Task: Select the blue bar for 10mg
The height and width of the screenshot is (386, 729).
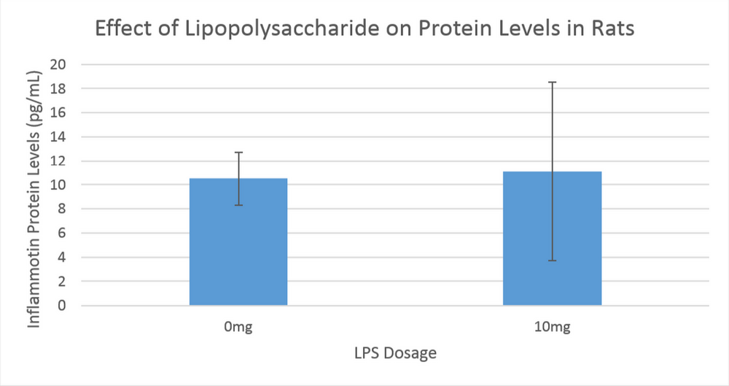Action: point(552,248)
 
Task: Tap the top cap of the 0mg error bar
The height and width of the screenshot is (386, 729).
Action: point(238,153)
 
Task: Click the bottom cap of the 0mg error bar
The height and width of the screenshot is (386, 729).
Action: point(238,205)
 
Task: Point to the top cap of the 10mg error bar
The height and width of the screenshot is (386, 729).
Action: point(552,82)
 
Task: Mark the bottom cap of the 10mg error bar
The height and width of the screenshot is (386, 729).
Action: point(552,260)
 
